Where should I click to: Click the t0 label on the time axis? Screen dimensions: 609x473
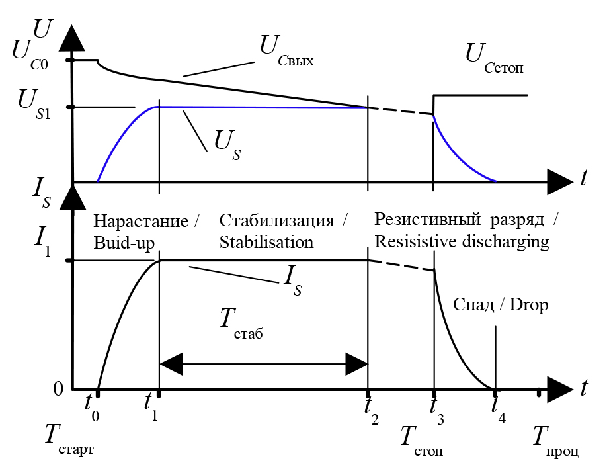[92, 408]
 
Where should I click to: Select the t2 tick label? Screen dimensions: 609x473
[372, 410]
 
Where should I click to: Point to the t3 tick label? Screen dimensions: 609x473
[437, 410]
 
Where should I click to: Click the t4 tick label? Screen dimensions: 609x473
[499, 409]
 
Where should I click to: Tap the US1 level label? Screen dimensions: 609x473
[34, 104]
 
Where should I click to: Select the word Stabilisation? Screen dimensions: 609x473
[266, 242]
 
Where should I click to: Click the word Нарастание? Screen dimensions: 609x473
[141, 221]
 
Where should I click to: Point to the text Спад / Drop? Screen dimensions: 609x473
[501, 305]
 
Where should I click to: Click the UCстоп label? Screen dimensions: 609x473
[495, 59]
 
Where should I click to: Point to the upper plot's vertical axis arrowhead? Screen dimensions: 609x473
[72, 38]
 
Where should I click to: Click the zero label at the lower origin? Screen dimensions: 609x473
[58, 388]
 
